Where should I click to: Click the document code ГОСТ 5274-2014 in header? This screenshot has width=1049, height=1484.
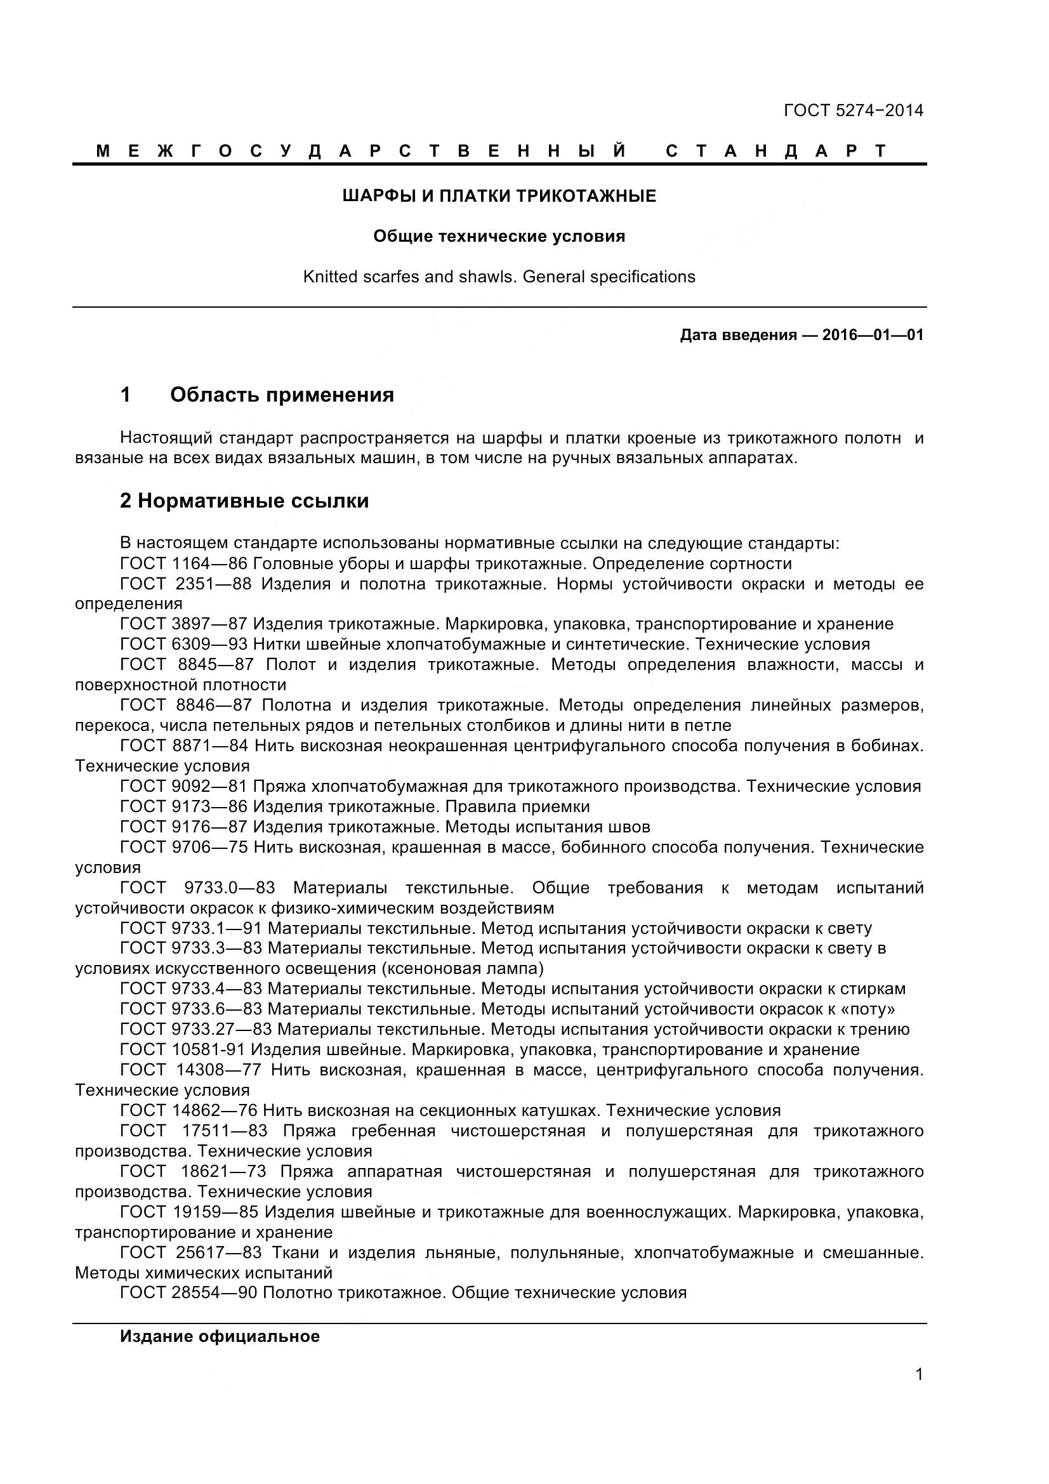point(852,110)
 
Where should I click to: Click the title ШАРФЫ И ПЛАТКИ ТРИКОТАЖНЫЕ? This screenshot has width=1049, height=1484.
point(499,196)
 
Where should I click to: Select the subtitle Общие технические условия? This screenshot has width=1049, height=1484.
point(499,237)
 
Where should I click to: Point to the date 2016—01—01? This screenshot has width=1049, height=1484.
point(873,335)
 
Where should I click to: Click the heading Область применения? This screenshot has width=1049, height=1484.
point(282,395)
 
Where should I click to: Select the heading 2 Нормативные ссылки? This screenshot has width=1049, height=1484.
point(244,501)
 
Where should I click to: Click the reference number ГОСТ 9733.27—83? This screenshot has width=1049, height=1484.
point(196,1030)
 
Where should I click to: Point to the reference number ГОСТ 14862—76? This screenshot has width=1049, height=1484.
point(188,1110)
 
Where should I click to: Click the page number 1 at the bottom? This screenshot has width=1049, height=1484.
point(918,1392)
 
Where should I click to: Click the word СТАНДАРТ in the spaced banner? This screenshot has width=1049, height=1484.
point(775,151)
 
